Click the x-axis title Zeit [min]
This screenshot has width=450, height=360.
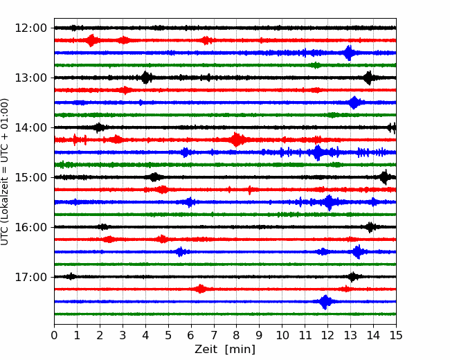coord(224,350)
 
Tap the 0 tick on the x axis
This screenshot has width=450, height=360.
coord(54,336)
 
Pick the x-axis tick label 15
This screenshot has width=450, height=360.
coord(395,336)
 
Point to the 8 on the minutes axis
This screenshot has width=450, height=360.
coord(236,336)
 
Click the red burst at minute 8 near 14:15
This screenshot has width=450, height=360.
coord(237,140)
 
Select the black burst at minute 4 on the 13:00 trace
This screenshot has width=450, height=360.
coord(145,78)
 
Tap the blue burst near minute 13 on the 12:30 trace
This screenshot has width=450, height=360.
coord(349,53)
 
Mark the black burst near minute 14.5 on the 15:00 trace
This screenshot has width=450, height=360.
coord(384,177)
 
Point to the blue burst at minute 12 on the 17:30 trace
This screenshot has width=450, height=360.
coord(325,302)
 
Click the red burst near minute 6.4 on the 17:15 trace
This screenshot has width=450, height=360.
coord(200,289)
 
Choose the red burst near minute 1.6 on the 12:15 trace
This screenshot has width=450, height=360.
coord(91,40)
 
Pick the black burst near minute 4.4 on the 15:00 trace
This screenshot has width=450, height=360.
coord(154,177)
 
